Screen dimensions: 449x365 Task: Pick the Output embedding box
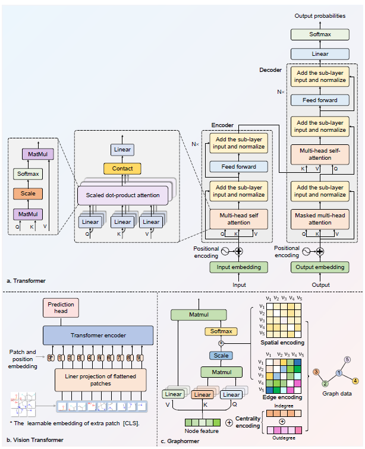click(x=320, y=267)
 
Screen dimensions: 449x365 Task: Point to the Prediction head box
click(x=61, y=308)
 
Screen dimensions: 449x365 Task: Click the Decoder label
click(x=270, y=70)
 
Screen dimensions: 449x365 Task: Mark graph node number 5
click(x=347, y=359)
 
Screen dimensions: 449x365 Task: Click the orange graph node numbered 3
click(x=316, y=371)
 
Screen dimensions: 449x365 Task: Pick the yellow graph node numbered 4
click(x=355, y=380)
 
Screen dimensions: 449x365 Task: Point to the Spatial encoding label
click(x=283, y=343)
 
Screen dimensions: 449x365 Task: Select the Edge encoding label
click(x=283, y=397)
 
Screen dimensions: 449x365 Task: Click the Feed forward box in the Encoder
click(x=238, y=167)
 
